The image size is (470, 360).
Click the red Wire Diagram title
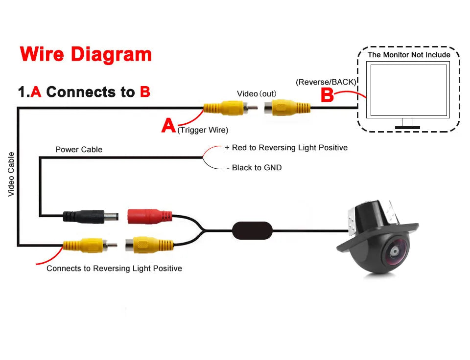pos(86,54)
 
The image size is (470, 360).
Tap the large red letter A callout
pos(168,126)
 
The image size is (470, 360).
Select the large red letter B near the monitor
pos(327,95)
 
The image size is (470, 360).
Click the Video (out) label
pos(257,93)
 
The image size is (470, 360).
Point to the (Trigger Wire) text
pos(203,130)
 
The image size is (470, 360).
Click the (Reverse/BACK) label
pos(326,82)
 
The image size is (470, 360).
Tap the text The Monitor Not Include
pos(409,55)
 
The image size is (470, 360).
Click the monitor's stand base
pos(407,128)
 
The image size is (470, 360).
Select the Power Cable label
pos(79,150)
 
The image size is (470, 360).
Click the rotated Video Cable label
pos(11,175)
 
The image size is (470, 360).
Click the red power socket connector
pos(149,216)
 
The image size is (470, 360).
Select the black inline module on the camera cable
pos(252,230)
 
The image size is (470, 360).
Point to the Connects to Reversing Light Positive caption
pos(114,269)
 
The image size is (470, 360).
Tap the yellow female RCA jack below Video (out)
pos(287,107)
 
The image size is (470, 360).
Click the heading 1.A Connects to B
pos(84,92)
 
